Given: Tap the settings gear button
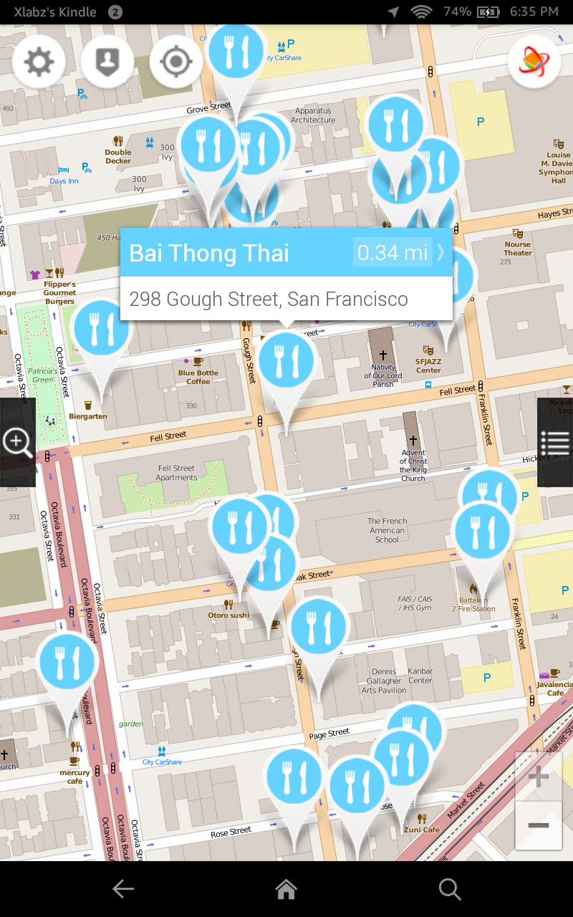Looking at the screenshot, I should pos(39,62).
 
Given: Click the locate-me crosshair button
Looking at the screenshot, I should pos(176,62).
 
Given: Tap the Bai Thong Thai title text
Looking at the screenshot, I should pos(209,253).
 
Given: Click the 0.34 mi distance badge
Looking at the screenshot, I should pos(393,252).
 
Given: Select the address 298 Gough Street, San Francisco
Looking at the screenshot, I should pos(269,299).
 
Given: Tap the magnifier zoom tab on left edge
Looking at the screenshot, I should pos(17,442).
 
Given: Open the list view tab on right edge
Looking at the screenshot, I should pos(555,442).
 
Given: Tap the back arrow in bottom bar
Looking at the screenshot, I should pos(123,889).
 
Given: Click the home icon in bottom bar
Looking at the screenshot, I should pos(286,889).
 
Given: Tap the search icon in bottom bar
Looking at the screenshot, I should pos(450,889).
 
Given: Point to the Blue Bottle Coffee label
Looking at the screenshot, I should pos(198,377).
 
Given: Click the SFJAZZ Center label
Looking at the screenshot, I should pos(428,365).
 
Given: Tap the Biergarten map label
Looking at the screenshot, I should pos(88,416).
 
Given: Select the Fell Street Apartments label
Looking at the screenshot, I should pos(176,473).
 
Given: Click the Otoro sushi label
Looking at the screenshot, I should pos(228,615).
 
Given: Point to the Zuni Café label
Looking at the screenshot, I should pos(421,830).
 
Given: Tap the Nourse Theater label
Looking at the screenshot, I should pos(518,249).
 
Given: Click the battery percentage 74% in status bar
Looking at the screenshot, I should pos(457,11).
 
